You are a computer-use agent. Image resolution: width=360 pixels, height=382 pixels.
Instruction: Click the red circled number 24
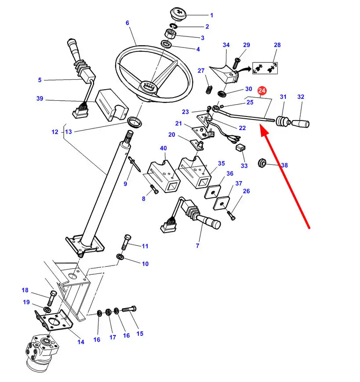point(262,91)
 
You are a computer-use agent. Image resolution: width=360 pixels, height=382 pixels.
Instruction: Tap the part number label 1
point(211,15)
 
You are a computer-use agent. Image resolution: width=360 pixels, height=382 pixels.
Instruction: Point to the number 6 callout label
point(127,23)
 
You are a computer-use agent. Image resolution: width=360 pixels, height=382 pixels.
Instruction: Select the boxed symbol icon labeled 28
point(265,68)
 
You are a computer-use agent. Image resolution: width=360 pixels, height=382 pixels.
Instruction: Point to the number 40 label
point(163,148)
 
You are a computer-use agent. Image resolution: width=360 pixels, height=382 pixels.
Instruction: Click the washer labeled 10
point(120,257)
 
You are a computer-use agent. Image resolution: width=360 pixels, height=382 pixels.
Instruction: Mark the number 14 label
point(81,342)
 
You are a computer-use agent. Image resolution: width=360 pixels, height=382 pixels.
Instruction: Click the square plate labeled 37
point(223,201)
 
